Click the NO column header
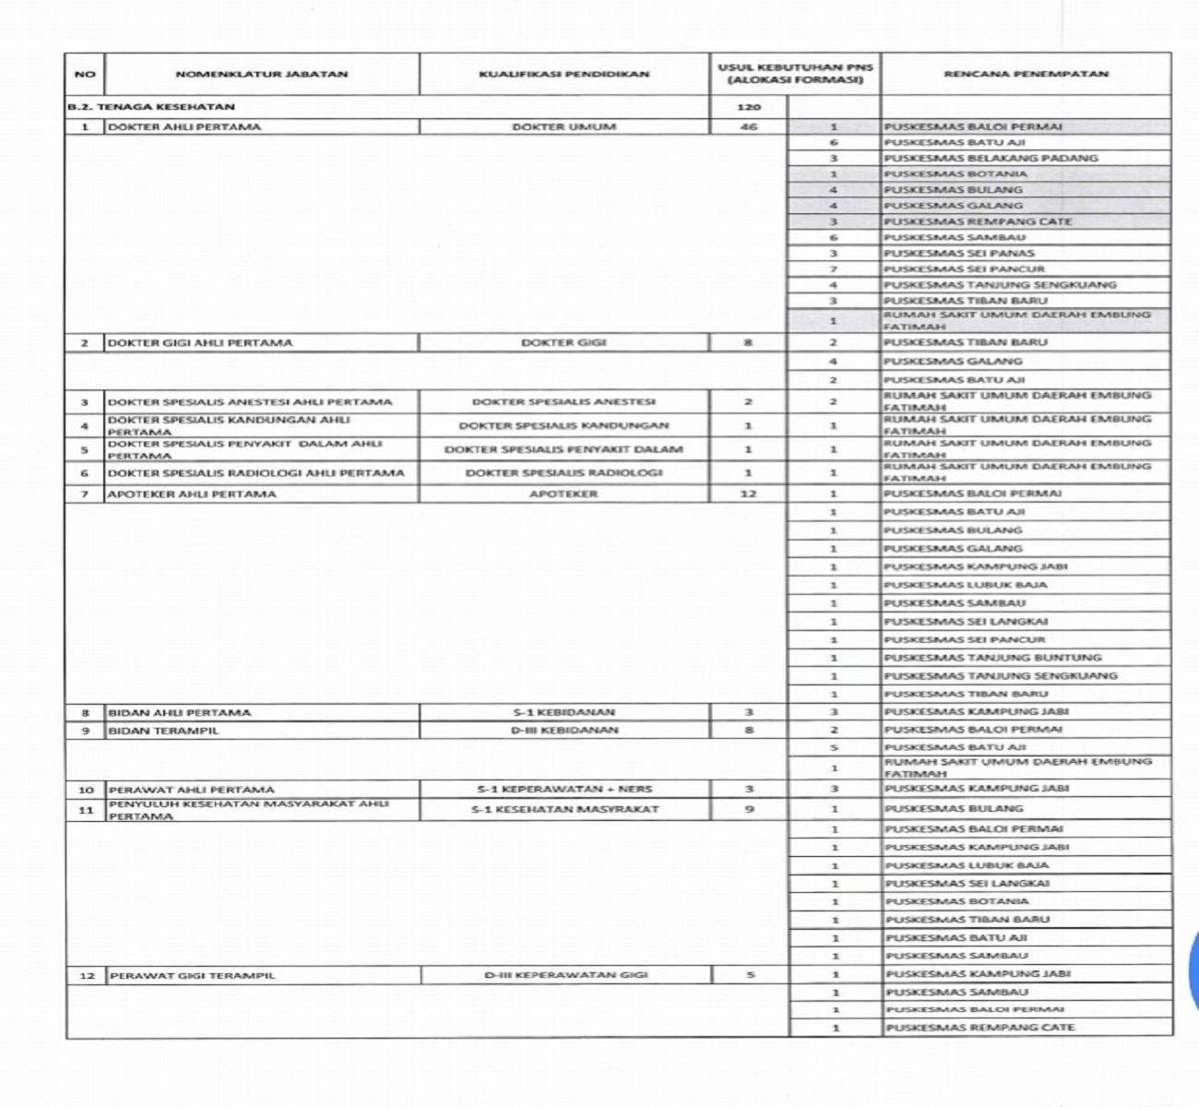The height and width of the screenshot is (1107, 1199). (85, 74)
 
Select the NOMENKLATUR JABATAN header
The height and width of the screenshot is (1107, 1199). (261, 74)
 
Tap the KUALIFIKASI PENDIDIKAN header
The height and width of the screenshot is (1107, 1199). (564, 74)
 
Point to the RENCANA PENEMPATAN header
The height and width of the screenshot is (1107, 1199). (1026, 74)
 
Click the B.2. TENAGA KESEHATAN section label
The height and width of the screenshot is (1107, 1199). (151, 107)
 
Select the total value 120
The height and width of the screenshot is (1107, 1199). (749, 107)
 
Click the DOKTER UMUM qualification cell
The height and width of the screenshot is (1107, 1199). (564, 127)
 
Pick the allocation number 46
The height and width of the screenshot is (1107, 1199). (749, 127)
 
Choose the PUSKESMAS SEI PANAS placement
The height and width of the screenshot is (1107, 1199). (959, 253)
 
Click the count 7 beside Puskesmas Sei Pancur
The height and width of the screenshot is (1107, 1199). (834, 268)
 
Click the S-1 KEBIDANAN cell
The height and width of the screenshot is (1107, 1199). (564, 712)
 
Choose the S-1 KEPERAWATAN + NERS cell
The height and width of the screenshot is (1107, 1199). (564, 789)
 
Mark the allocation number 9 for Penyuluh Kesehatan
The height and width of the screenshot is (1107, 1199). (749, 809)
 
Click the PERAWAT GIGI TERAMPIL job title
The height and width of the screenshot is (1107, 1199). (192, 975)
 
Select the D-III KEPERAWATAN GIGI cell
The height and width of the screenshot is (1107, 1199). (566, 975)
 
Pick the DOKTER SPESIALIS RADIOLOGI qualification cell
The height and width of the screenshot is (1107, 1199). (564, 473)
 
